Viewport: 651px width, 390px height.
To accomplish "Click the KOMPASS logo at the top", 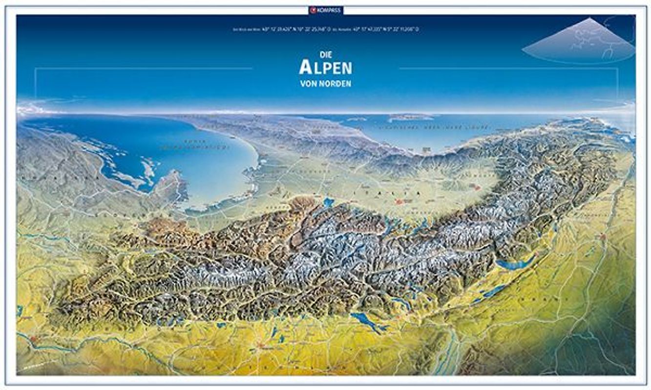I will click(x=325, y=10).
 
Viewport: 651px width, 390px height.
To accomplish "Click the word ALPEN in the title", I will click(x=325, y=68).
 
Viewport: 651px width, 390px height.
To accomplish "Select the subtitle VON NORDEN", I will click(x=325, y=84).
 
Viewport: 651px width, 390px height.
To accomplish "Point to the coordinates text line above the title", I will click(x=325, y=29).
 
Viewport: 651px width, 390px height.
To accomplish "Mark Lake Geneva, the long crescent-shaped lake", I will click(x=516, y=264).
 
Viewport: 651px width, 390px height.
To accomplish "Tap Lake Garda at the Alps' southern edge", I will click(x=328, y=201).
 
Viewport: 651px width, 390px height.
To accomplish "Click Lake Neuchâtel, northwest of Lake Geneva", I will click(x=493, y=292).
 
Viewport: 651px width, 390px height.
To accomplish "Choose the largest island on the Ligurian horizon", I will click(x=410, y=117).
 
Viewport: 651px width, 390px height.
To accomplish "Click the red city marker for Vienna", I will click(x=33, y=338).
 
